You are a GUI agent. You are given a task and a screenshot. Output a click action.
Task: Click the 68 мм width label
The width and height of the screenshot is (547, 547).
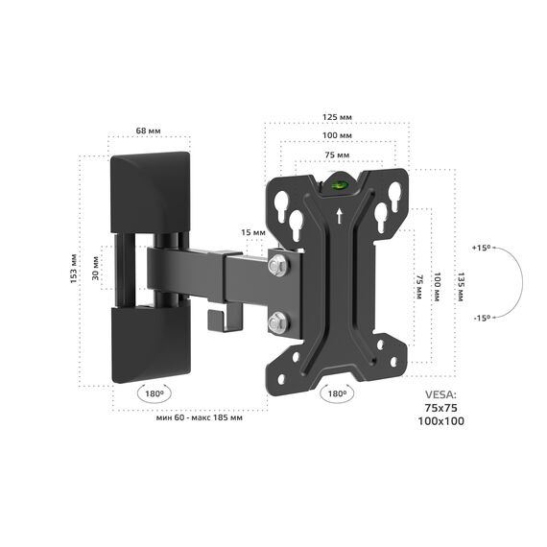click(x=148, y=131)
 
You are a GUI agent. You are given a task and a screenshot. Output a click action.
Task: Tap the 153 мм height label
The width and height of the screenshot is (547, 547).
click(x=74, y=269)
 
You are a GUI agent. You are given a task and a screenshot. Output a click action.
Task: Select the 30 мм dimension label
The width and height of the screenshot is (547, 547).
click(x=95, y=269)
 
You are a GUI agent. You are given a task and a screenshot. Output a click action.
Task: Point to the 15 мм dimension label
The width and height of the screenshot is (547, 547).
click(x=253, y=232)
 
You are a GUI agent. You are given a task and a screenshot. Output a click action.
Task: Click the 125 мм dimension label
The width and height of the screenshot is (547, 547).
click(x=337, y=117)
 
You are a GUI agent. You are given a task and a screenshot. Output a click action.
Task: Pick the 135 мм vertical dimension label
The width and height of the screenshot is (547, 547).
click(x=460, y=287)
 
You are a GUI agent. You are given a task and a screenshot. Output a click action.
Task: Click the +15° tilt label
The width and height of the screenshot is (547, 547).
click(x=482, y=248)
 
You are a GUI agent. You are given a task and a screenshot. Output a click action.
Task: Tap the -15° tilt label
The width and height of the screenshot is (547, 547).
click(x=483, y=318)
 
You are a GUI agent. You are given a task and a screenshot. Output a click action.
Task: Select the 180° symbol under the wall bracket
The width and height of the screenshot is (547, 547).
click(x=155, y=393)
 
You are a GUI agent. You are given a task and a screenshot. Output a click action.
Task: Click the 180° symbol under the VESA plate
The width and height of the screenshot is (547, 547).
click(x=337, y=393)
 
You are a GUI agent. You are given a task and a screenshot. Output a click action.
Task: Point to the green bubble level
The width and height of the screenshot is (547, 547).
click(x=338, y=184)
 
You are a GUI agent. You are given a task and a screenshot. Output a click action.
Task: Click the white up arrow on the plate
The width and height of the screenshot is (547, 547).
click(x=340, y=216)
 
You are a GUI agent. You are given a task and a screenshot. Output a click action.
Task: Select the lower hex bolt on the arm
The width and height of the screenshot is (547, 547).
click(x=278, y=322)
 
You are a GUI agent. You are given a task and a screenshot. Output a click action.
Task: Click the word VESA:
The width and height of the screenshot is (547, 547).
click(x=440, y=395)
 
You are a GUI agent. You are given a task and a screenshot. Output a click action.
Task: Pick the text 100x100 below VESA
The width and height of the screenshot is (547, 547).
click(x=441, y=421)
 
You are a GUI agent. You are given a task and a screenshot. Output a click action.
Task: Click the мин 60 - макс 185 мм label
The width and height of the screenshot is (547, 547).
click(x=200, y=417)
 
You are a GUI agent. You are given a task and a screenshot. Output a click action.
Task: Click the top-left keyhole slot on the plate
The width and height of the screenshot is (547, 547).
click(x=281, y=205)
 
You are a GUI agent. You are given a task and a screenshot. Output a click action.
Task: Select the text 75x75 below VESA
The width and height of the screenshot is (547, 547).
click(x=440, y=408)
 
